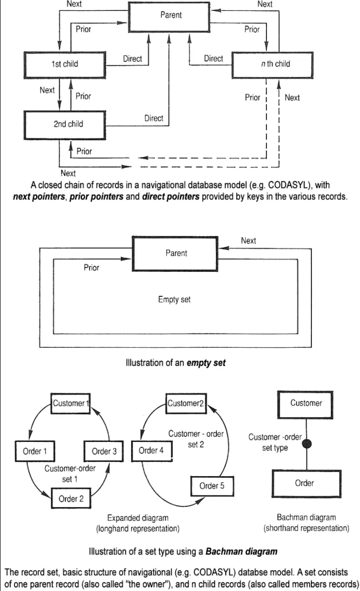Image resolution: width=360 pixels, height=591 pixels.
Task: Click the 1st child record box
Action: [x=65, y=64]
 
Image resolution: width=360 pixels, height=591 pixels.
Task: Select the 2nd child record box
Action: [x=68, y=124]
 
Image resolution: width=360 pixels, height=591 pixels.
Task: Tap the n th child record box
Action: [x=273, y=64]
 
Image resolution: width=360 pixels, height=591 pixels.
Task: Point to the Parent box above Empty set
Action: [x=176, y=253]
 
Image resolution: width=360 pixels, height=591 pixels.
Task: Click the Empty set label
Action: [x=174, y=299]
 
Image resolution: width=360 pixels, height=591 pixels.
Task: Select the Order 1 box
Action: [x=35, y=451]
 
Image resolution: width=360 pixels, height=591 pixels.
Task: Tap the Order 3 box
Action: [x=104, y=451]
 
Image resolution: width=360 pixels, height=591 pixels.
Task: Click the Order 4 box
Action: [x=151, y=450]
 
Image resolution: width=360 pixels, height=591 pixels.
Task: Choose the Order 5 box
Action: [x=212, y=486]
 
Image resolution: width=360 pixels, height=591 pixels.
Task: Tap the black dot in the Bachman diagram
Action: [x=307, y=444]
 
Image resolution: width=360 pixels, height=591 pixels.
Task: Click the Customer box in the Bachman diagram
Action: [x=306, y=403]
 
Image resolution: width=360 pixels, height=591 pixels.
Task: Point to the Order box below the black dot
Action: [x=305, y=483]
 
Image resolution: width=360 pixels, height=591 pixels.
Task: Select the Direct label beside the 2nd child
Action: [x=154, y=118]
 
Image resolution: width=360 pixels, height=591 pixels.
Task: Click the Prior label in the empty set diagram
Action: [x=92, y=268]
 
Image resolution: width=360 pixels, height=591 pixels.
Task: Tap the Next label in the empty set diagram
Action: [x=249, y=241]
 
